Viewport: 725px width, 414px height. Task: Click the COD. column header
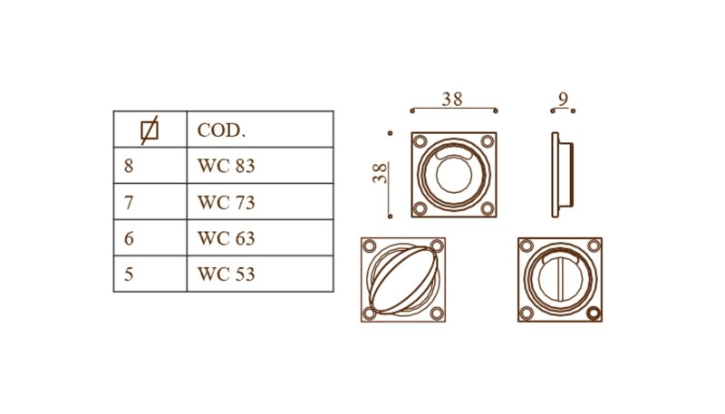point(221,130)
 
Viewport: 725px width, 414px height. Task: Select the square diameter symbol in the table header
point(150,130)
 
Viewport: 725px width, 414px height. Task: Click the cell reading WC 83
point(226,166)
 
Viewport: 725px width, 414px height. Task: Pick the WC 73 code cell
point(226,202)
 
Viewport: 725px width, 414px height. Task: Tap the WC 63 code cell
point(226,238)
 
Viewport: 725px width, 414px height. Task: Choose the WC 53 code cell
point(226,274)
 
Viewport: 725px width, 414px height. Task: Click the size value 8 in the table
point(129,166)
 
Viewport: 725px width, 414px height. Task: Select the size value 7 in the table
point(129,202)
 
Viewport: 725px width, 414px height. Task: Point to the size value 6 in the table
point(129,238)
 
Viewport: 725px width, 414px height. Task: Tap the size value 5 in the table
point(129,274)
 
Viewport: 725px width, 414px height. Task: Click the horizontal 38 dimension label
point(451,99)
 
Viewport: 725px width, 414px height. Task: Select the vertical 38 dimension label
point(380,173)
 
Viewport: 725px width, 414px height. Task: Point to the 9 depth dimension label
point(563,99)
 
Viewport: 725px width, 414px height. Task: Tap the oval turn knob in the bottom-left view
point(402,280)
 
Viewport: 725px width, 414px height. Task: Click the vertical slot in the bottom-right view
point(559,280)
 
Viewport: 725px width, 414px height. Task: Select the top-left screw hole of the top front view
point(420,141)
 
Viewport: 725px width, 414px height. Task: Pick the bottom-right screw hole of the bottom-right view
point(594,313)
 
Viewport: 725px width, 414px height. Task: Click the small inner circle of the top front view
point(454,176)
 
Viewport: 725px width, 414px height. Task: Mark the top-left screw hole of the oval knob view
point(369,246)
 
